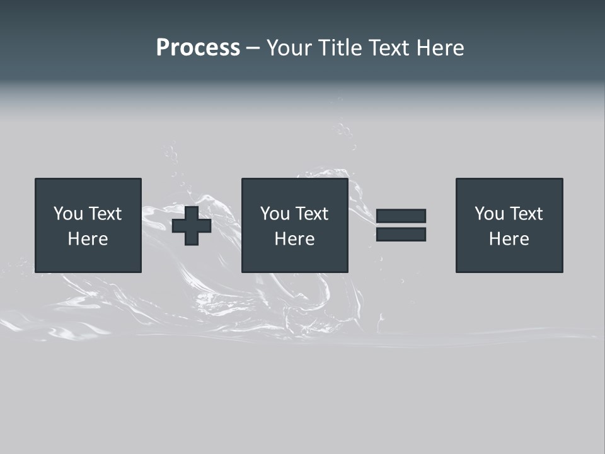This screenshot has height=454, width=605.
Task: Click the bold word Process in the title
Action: coord(198,48)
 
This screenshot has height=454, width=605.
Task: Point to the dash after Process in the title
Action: coord(253,49)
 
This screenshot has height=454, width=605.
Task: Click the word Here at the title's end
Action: coord(442,48)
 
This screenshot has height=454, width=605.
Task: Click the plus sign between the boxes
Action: coord(192,226)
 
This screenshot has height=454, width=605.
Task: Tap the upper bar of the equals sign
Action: coord(401,216)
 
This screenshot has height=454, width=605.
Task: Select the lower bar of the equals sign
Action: coord(401,235)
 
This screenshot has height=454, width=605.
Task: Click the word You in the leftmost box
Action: coord(68,214)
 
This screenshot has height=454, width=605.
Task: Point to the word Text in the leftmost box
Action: coord(105,214)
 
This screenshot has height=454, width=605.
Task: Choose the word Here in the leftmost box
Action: coord(88,239)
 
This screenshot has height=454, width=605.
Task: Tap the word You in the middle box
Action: coord(275,214)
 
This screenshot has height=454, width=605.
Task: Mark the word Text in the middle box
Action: coord(311,214)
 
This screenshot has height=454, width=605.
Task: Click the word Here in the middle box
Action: coord(294,239)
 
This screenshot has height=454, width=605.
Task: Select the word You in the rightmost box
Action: coord(489,214)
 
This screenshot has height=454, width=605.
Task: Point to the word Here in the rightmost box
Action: coord(509,239)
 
